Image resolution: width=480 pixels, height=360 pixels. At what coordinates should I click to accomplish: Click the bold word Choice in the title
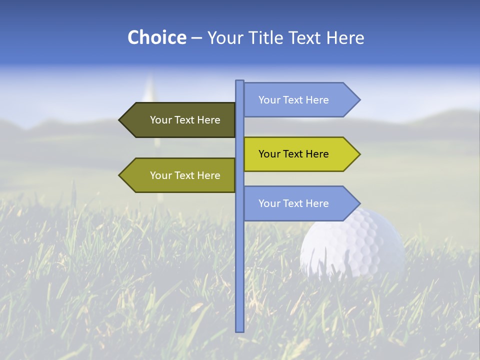tap(156, 37)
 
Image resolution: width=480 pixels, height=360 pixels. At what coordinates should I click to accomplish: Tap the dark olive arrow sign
tap(180, 120)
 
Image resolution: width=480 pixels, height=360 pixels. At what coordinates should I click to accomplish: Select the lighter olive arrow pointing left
tap(180, 175)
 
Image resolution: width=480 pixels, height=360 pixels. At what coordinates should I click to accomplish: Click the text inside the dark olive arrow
tap(185, 120)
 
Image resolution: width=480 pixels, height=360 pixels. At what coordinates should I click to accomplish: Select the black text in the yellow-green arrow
tap(293, 154)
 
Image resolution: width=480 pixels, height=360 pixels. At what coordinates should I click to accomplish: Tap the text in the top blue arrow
tap(293, 100)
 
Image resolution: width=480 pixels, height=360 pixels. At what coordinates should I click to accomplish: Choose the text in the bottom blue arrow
tap(293, 203)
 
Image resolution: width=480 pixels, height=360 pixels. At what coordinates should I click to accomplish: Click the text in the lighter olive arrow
tap(185, 175)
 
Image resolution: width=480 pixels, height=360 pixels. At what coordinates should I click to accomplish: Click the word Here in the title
tap(345, 37)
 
